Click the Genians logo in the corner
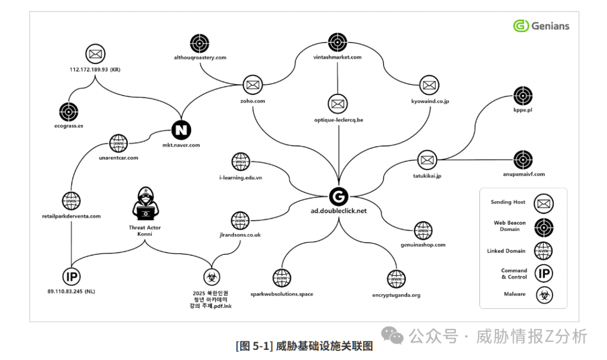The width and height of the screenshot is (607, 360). point(541,26)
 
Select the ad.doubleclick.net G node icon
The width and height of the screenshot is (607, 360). point(338,196)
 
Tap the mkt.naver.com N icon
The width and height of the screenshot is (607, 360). point(181,130)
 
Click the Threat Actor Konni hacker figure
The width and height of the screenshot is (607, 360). point(146,205)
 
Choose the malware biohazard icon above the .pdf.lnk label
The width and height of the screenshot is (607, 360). point(212,276)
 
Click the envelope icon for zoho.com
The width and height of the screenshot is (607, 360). point(252,85)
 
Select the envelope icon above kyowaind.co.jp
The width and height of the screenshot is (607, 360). point(429,85)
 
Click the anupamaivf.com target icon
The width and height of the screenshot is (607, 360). point(523,160)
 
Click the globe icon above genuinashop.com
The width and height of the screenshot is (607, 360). point(423,230)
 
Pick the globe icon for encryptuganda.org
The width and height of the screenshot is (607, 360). point(396,279)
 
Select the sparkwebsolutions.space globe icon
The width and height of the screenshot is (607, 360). point(281,278)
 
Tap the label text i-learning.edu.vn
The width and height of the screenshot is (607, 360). point(241,177)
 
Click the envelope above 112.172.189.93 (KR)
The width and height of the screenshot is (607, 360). point(95,54)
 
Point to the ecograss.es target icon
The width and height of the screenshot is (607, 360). point(69,112)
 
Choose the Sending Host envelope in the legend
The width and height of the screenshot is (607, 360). point(543,202)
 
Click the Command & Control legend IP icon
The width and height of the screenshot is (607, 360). point(543,274)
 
